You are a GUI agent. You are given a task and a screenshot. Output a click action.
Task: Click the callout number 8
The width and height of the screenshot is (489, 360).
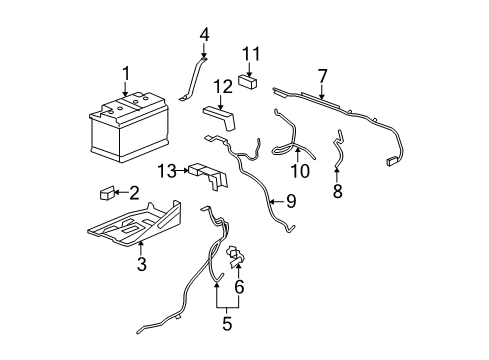[337, 189]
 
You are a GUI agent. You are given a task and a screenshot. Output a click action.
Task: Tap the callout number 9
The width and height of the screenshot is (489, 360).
[291, 202]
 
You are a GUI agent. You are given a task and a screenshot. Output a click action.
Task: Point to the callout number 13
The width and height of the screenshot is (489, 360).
[166, 171]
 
